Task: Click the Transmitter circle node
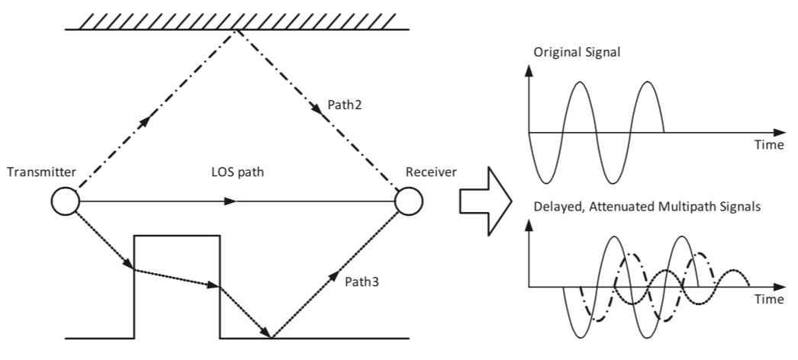65,202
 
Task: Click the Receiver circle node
409,202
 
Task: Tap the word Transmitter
40,172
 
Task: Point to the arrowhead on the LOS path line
230,202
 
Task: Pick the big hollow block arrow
485,202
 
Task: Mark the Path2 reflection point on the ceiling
238,30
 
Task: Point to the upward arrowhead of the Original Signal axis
529,72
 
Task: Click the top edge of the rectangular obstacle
177,236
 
